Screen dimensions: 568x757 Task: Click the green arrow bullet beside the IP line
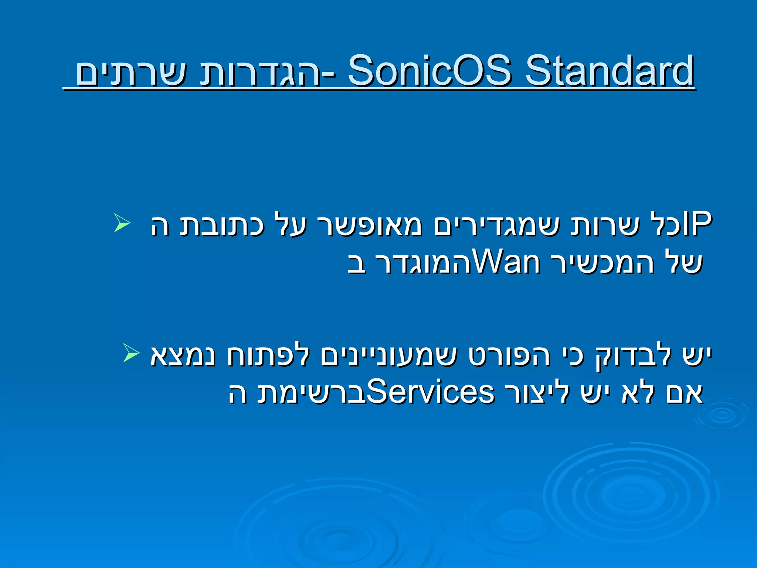pyautogui.click(x=122, y=223)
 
